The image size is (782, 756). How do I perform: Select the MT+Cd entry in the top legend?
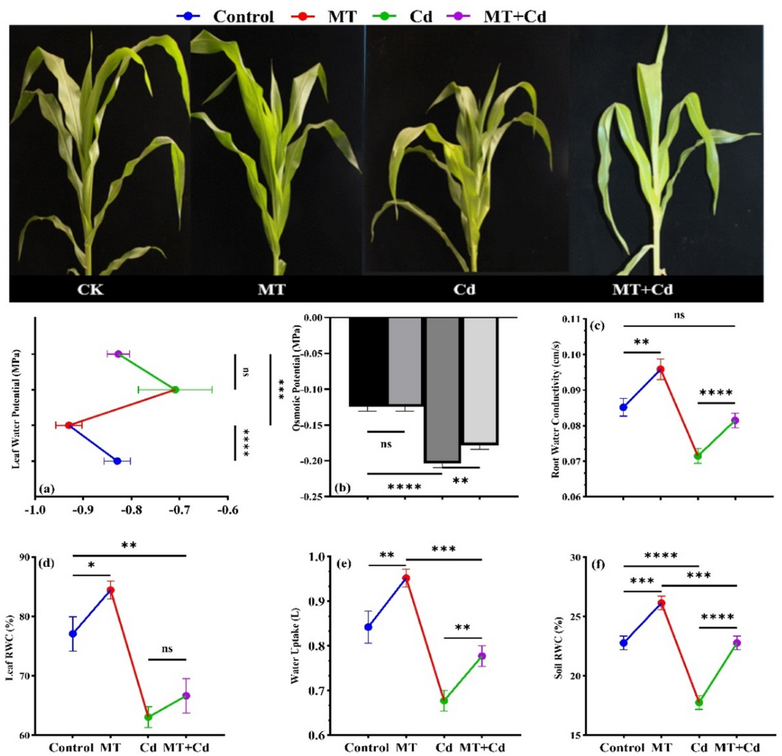(x=497, y=16)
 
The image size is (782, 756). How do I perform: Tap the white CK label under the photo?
(x=91, y=289)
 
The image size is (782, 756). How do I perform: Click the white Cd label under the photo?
(x=465, y=289)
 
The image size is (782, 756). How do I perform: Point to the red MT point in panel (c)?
(x=660, y=369)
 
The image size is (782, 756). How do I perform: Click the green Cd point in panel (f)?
(x=699, y=703)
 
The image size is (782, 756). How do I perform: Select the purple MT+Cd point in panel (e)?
(x=482, y=656)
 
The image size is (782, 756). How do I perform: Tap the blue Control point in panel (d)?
(x=73, y=634)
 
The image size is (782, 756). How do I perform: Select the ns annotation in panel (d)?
(x=167, y=648)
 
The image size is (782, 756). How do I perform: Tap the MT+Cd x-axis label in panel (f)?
(x=737, y=748)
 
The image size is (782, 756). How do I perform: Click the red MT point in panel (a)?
(x=68, y=425)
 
